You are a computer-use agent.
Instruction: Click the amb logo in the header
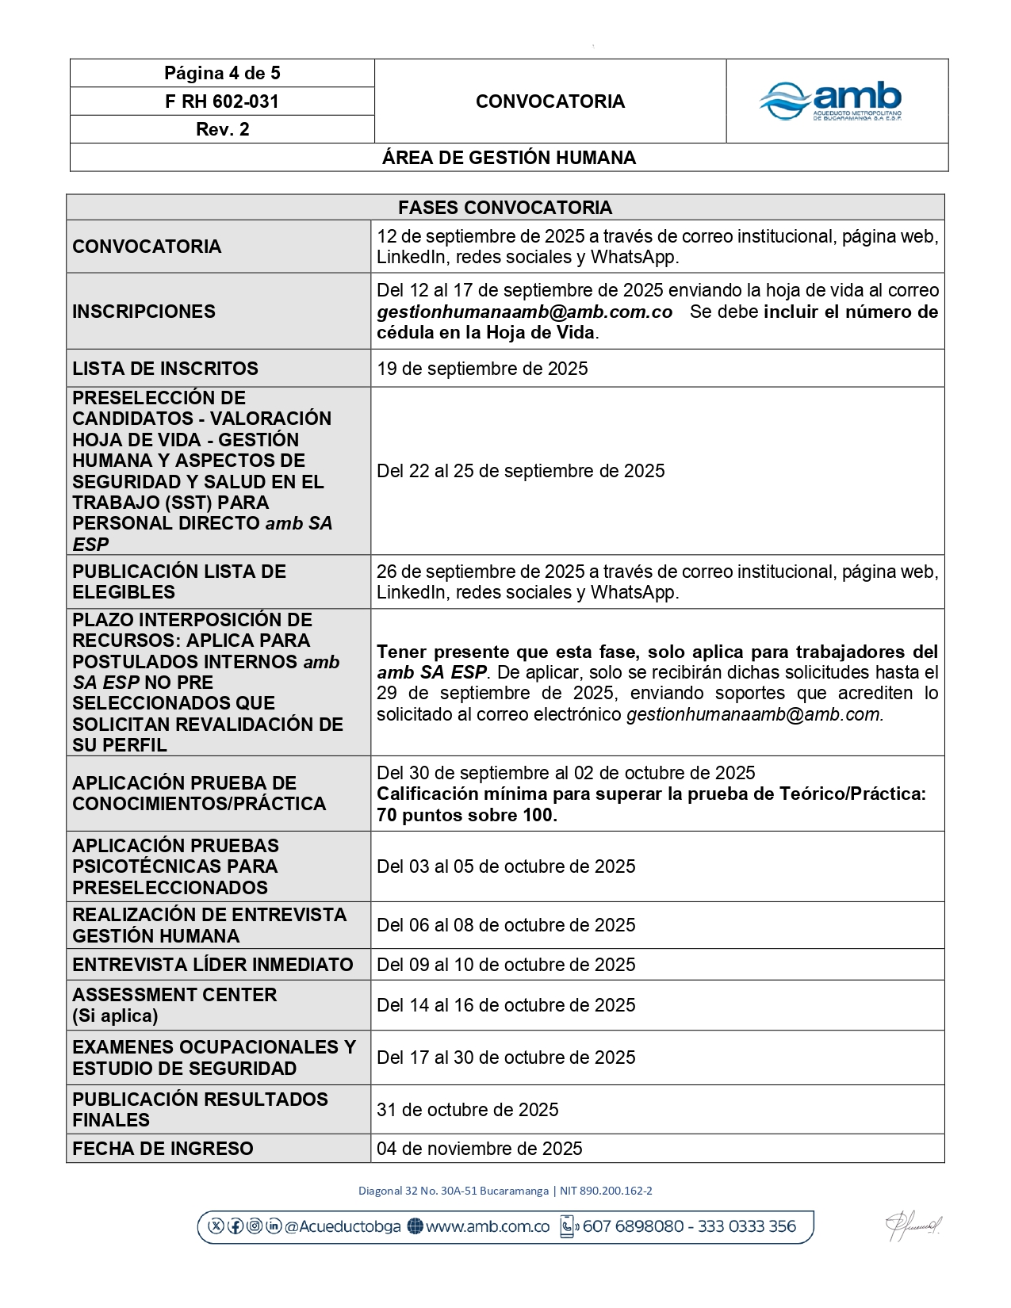(x=831, y=101)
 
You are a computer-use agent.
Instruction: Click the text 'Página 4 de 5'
(x=222, y=73)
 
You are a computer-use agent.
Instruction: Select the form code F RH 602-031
(x=222, y=101)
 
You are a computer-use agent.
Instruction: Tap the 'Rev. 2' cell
(x=222, y=129)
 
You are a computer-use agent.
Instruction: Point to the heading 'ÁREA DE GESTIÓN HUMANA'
(x=509, y=158)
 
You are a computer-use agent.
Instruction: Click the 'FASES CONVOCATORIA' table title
(x=505, y=208)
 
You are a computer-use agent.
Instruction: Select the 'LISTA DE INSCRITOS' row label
(x=165, y=369)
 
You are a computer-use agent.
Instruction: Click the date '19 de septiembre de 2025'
(x=482, y=369)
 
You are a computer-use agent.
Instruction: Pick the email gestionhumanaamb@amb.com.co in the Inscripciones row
(x=525, y=312)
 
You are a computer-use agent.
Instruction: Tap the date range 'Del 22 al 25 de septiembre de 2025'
(x=521, y=471)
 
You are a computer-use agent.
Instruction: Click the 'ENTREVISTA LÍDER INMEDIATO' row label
(x=213, y=965)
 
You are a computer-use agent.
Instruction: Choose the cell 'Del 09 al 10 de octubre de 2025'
(x=506, y=965)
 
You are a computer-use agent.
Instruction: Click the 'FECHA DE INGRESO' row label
(x=163, y=1149)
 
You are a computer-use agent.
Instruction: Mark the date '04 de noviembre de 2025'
(x=480, y=1149)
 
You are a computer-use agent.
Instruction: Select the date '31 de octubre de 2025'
(x=468, y=1110)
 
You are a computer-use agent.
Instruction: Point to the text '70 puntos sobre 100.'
(x=467, y=815)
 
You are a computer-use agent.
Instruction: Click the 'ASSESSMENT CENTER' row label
(x=174, y=995)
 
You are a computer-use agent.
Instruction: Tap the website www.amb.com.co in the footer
(x=487, y=1226)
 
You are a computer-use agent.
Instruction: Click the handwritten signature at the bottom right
(x=913, y=1226)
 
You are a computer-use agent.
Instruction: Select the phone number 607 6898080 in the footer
(x=633, y=1226)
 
